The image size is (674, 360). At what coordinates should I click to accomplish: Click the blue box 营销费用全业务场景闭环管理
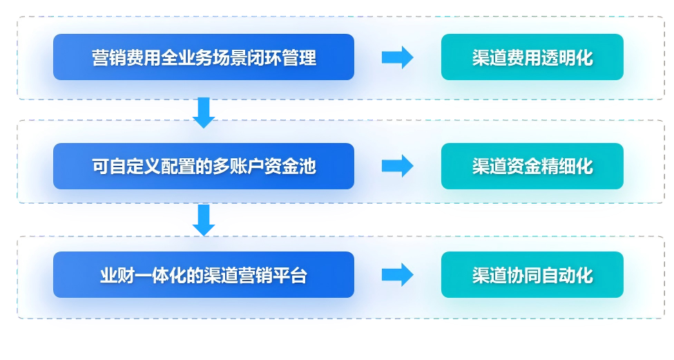[x=203, y=57]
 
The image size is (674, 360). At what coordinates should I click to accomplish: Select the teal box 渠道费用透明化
[x=532, y=57]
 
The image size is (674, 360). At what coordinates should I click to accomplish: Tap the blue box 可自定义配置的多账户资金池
[x=203, y=167]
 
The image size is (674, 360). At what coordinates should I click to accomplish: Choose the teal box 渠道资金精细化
[x=532, y=167]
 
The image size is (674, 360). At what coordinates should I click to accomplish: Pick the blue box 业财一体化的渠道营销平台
[x=203, y=275]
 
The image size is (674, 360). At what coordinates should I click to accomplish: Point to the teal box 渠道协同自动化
[x=532, y=275]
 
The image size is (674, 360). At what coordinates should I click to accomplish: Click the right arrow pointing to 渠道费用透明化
[x=397, y=57]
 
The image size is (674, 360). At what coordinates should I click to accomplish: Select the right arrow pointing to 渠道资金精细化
[x=397, y=166]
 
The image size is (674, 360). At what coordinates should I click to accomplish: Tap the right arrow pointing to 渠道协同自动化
[x=397, y=275]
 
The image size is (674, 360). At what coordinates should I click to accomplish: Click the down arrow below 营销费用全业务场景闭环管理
[x=204, y=113]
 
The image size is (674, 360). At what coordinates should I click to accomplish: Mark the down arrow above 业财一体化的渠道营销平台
[x=204, y=220]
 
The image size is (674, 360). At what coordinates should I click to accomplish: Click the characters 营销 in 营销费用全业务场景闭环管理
[x=108, y=58]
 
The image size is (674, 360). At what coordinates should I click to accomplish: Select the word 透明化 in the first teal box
[x=566, y=58]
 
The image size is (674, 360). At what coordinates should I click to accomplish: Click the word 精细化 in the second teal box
[x=566, y=167]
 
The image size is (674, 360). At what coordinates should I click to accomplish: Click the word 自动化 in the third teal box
[x=566, y=276]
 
